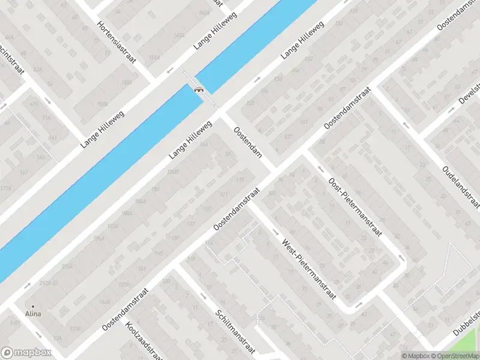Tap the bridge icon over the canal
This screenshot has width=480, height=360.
coord(198,89)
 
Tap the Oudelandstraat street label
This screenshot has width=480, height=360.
coord(460,185)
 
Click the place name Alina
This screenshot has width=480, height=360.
coord(33,313)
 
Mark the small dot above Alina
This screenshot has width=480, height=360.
coord(33,306)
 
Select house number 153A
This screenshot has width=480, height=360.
coord(127,82)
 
